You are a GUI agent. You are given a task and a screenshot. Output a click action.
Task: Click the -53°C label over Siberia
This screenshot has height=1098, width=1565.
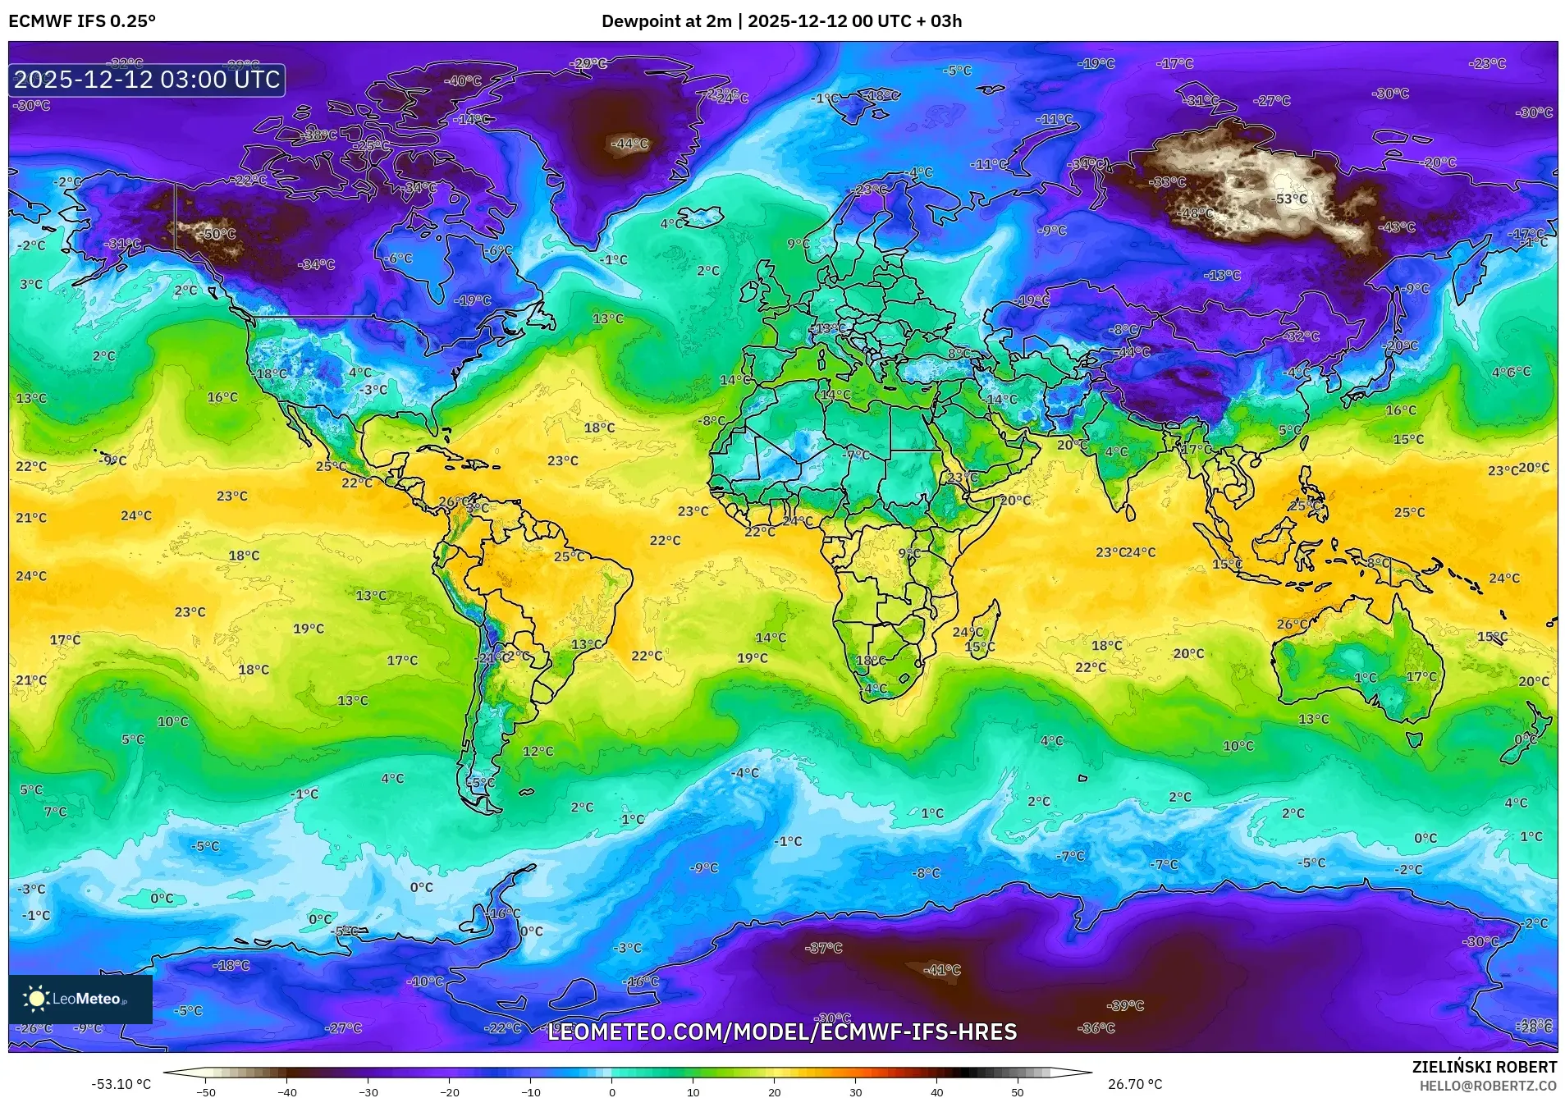pyautogui.click(x=1289, y=199)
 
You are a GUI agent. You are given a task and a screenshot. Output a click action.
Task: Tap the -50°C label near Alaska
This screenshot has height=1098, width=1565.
pyautogui.click(x=218, y=234)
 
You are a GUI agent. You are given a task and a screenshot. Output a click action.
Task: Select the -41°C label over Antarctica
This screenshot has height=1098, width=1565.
pyautogui.click(x=941, y=970)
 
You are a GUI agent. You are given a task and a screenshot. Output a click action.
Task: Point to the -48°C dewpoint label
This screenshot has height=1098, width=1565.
pyautogui.click(x=1196, y=213)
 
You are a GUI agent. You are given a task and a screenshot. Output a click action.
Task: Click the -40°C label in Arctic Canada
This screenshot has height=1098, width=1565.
pyautogui.click(x=463, y=81)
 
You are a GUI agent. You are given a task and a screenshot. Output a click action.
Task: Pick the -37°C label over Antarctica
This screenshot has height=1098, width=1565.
pyautogui.click(x=824, y=948)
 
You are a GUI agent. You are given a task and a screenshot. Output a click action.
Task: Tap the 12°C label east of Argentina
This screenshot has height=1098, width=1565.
pyautogui.click(x=538, y=751)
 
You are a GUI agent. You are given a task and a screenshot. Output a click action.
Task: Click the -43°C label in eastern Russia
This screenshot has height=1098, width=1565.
pyautogui.click(x=1398, y=227)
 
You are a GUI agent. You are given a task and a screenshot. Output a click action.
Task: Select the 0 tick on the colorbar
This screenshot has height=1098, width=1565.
pyautogui.click(x=611, y=1092)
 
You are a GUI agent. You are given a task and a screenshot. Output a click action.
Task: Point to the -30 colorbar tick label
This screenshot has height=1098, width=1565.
pyautogui.click(x=368, y=1092)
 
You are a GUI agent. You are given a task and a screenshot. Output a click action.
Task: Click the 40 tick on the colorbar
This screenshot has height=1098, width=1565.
pyautogui.click(x=936, y=1092)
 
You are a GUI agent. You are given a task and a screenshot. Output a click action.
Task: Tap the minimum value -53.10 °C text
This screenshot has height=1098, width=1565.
pyautogui.click(x=121, y=1084)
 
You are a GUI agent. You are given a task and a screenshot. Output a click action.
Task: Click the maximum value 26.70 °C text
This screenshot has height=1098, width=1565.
pyautogui.click(x=1134, y=1084)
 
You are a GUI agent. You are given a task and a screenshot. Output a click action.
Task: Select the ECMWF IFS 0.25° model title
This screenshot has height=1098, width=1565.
pyautogui.click(x=82, y=21)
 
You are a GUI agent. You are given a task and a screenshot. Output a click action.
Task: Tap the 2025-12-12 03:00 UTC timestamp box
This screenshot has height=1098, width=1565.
pyautogui.click(x=147, y=80)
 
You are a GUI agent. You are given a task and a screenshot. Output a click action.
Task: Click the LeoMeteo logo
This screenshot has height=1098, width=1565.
pyautogui.click(x=80, y=999)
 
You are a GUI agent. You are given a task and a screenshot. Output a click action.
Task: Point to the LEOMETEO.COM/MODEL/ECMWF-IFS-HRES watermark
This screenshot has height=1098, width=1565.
pyautogui.click(x=781, y=1032)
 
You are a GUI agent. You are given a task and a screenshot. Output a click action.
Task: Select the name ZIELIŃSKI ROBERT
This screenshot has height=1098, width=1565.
pyautogui.click(x=1484, y=1067)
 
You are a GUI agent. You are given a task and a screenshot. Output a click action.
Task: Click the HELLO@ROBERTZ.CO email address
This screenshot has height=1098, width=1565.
pyautogui.click(x=1488, y=1085)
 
